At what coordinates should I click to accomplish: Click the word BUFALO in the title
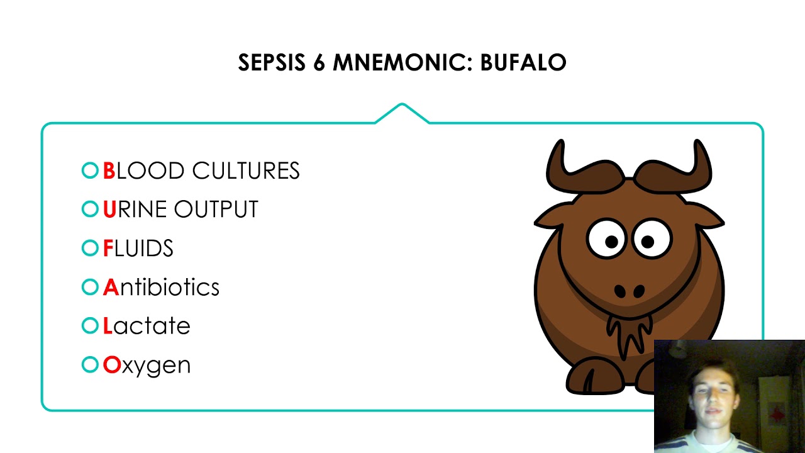(523, 63)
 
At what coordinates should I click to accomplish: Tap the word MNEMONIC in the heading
(402, 63)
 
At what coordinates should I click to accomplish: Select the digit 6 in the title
(318, 63)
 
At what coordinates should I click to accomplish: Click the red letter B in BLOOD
(109, 171)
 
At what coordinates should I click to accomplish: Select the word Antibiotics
(161, 288)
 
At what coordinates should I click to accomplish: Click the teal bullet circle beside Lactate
(90, 326)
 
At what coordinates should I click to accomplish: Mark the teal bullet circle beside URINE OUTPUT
(90, 210)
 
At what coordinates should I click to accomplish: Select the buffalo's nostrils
(629, 291)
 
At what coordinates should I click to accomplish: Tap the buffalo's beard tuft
(629, 333)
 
